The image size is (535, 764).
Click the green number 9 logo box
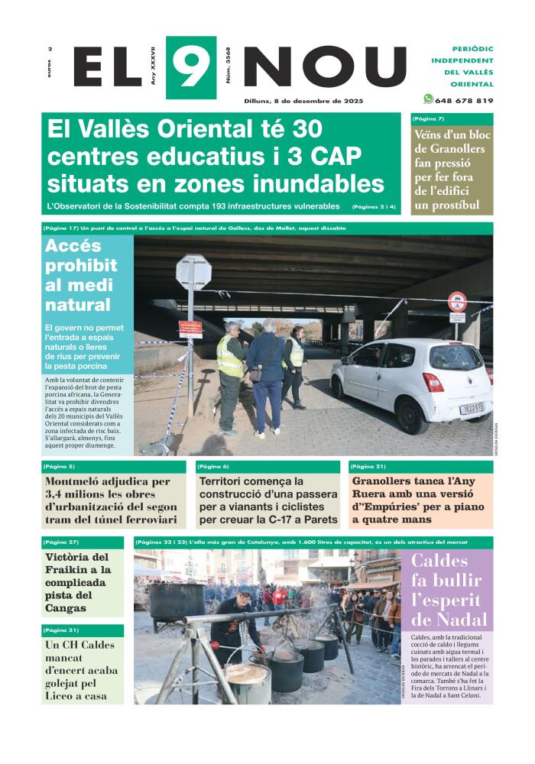coord(190,67)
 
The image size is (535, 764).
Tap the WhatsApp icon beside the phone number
coord(428,99)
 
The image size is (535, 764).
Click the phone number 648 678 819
coord(464,101)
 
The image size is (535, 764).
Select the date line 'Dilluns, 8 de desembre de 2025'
coord(303,101)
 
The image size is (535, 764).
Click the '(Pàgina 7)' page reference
coord(428,119)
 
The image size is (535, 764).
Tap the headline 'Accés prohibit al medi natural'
coord(81,276)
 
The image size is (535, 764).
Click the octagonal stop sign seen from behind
coord(193,272)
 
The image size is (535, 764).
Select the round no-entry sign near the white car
coord(457,302)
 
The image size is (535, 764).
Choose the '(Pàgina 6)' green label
coord(212,466)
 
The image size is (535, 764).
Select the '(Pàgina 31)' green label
coord(61,630)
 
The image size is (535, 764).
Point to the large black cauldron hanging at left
coord(177,601)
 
